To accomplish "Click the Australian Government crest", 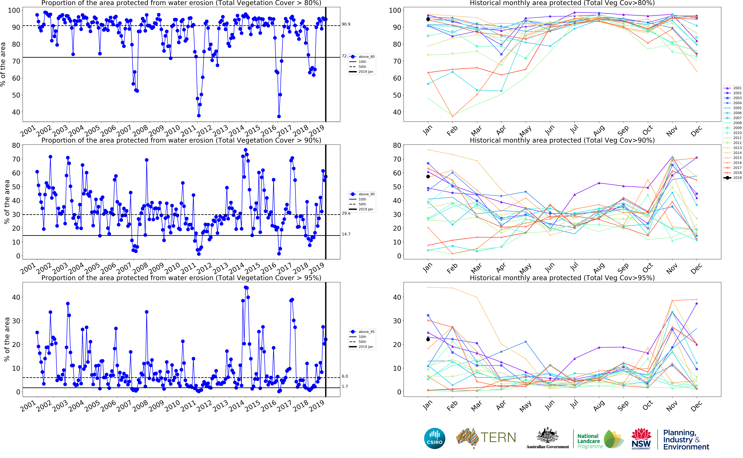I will (547, 436).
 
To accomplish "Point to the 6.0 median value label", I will (345, 376).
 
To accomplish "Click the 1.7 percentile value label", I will (345, 386).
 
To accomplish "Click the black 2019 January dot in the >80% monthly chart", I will (428, 19).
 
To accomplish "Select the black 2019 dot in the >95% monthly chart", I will (428, 340).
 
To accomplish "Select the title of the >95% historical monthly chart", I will (562, 278).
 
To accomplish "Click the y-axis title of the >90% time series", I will (7, 202).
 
